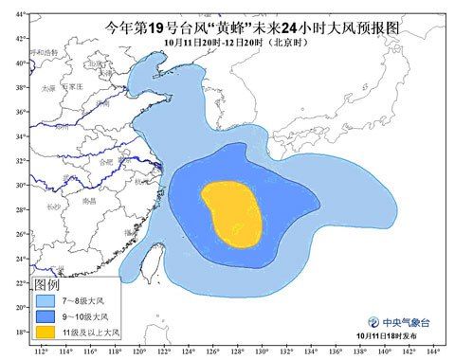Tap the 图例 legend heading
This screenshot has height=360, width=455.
coord(47,283)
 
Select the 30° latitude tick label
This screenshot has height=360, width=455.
coord(17,185)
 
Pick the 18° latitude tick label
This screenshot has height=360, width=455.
coord(17,332)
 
